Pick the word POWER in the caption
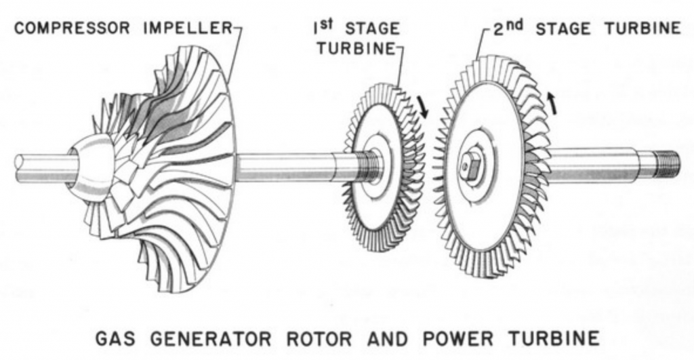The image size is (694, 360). point(444,338)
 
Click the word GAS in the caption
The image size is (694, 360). point(116,338)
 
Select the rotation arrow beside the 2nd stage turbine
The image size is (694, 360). point(554,104)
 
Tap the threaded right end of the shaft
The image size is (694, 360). point(667,164)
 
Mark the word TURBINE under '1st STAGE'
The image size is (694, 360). point(359,49)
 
